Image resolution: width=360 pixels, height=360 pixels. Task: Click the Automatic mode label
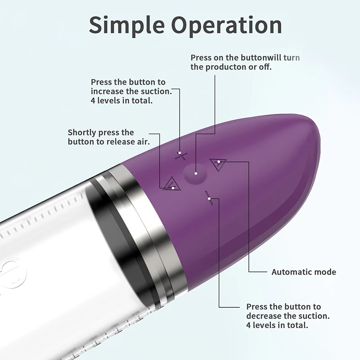(304, 272)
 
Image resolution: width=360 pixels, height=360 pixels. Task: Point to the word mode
(325, 272)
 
